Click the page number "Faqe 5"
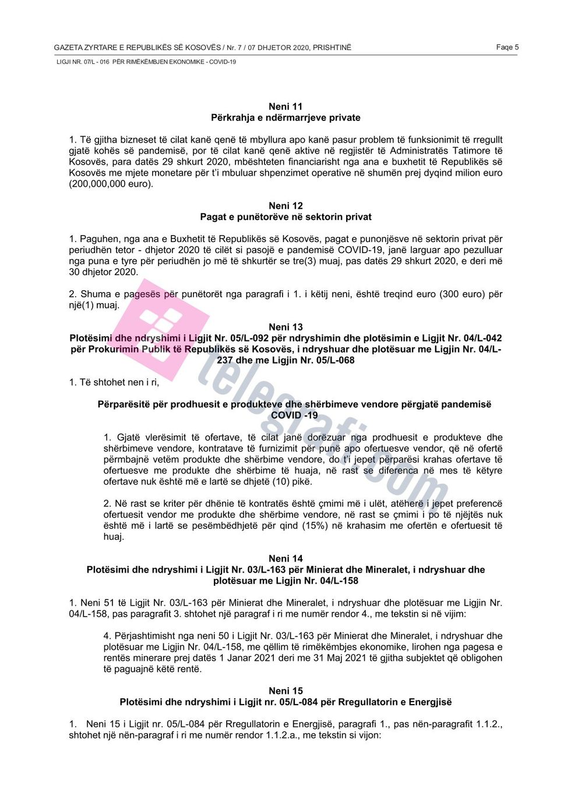click(x=507, y=47)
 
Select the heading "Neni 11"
click(x=285, y=106)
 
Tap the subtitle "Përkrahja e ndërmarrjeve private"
click(x=285, y=118)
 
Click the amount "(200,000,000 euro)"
click(x=111, y=184)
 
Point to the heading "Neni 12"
click(x=285, y=206)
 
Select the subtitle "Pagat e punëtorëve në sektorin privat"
click(x=285, y=217)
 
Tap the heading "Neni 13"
click(x=285, y=327)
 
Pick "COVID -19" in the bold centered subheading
click(x=294, y=415)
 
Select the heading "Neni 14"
click(x=285, y=559)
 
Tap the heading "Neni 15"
click(x=285, y=691)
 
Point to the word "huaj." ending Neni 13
click(x=114, y=537)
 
